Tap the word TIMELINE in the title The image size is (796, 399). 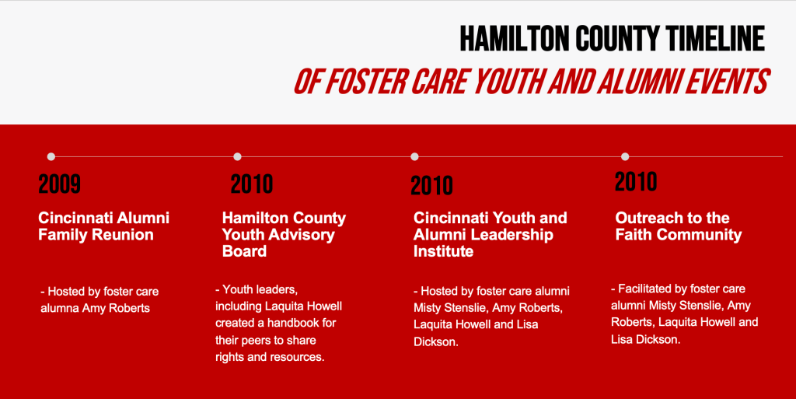tap(715, 39)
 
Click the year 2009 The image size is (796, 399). tap(59, 184)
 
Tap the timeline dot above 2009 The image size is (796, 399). tap(51, 156)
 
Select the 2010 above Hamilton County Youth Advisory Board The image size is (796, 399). tap(252, 184)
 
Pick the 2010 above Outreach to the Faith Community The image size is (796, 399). tap(636, 182)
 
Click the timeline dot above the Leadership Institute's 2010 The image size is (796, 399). tap(414, 156)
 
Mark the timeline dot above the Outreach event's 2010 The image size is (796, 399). tap(625, 156)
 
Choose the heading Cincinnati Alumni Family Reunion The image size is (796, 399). tap(103, 226)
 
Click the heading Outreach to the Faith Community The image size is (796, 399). tap(679, 226)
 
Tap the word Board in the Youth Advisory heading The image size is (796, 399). tap(244, 251)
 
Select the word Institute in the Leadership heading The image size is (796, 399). tap(443, 251)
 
